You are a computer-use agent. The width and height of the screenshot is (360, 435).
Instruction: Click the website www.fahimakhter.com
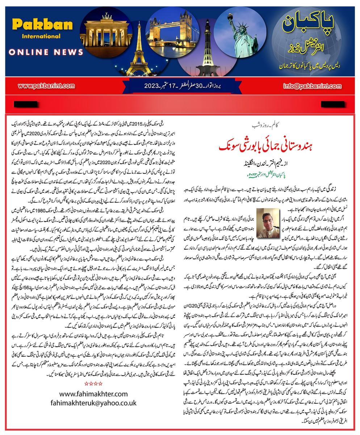coord(93,394)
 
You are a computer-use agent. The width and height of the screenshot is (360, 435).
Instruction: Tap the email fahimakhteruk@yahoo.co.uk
coord(93,403)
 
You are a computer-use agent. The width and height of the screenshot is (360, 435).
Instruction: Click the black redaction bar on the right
coord(331,104)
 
